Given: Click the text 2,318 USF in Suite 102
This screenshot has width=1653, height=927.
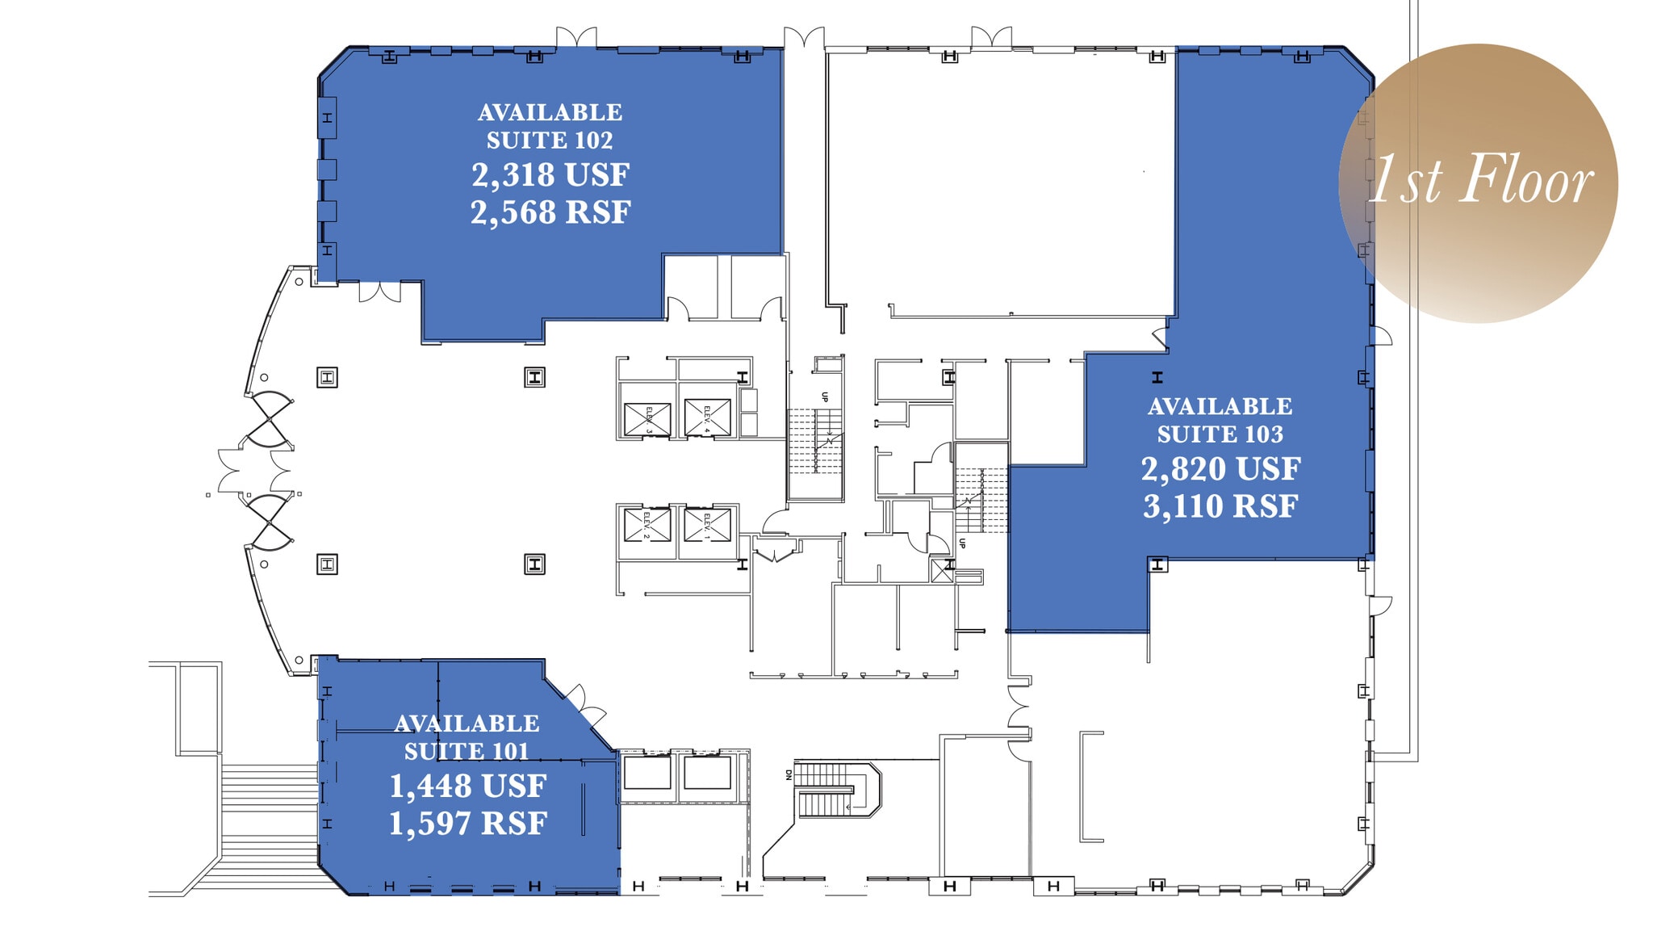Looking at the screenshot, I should click(x=550, y=175).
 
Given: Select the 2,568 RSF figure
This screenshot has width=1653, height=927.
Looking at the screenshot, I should click(x=550, y=213).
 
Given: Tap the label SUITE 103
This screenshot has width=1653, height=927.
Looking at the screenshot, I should click(x=1220, y=434).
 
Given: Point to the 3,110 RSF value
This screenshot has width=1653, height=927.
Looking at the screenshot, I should click(x=1220, y=507).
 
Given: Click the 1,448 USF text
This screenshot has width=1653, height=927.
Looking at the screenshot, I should click(x=467, y=786).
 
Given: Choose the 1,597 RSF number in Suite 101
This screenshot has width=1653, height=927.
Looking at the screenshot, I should click(x=467, y=824).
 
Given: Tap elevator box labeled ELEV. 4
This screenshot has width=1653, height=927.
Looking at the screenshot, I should click(x=707, y=418).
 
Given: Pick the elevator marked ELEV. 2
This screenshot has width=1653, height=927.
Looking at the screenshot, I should click(x=647, y=525).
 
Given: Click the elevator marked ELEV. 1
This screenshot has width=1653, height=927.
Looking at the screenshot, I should click(x=707, y=525).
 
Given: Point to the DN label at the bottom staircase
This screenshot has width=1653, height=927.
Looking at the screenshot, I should click(x=789, y=774).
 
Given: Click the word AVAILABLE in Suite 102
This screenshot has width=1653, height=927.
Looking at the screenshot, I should click(x=550, y=113).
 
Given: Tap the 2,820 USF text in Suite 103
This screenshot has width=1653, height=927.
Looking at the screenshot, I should click(x=1220, y=469).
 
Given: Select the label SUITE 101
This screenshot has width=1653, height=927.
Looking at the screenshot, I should click(x=467, y=752).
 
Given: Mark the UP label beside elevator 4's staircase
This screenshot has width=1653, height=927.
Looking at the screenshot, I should click(x=824, y=397).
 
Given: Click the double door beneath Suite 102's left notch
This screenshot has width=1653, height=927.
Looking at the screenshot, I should click(x=379, y=292).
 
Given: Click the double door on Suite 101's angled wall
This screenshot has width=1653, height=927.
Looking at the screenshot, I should click(x=587, y=705).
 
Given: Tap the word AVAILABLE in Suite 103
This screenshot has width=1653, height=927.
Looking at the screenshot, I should click(x=1220, y=407).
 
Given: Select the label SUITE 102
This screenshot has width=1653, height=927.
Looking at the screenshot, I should click(x=550, y=141).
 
